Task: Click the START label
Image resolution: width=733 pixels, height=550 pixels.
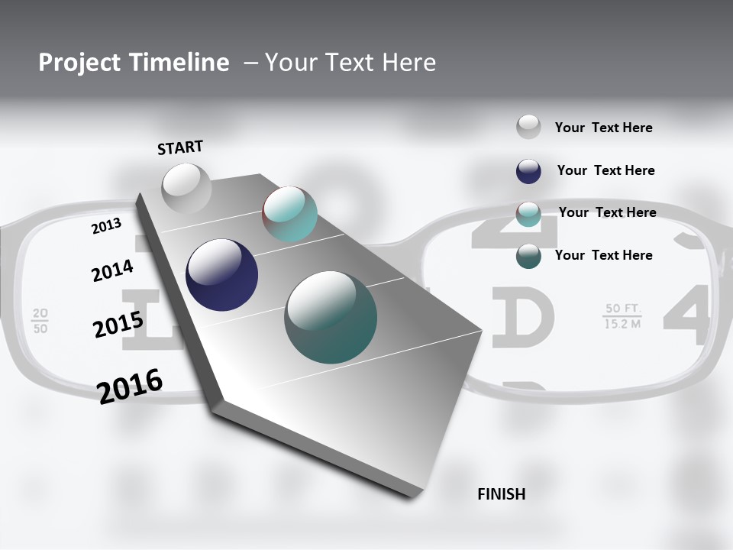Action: click(x=180, y=147)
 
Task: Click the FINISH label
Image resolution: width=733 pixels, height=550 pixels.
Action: click(x=502, y=494)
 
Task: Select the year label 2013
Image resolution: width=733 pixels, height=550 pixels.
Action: click(x=106, y=226)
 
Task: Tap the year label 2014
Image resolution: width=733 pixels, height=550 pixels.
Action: click(x=112, y=271)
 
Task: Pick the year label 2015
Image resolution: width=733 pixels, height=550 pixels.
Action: click(x=118, y=325)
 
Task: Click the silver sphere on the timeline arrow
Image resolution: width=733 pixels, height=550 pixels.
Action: click(x=186, y=189)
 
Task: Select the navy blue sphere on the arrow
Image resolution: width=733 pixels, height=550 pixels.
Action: click(x=221, y=275)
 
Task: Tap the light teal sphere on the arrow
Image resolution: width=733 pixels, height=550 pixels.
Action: click(x=290, y=214)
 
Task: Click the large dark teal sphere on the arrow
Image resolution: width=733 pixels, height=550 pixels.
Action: click(x=331, y=317)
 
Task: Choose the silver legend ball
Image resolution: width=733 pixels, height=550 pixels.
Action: click(x=528, y=127)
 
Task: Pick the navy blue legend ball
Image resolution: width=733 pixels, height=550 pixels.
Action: click(x=528, y=171)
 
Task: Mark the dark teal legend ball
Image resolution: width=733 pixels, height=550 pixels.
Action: click(x=528, y=256)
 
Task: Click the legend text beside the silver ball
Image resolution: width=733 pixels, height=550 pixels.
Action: click(x=603, y=128)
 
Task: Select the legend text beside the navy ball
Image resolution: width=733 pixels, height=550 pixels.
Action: click(x=605, y=170)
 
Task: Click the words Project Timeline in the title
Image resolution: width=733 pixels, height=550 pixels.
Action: click(x=134, y=63)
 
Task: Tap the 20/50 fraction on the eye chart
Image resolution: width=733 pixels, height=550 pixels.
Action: click(x=40, y=321)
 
